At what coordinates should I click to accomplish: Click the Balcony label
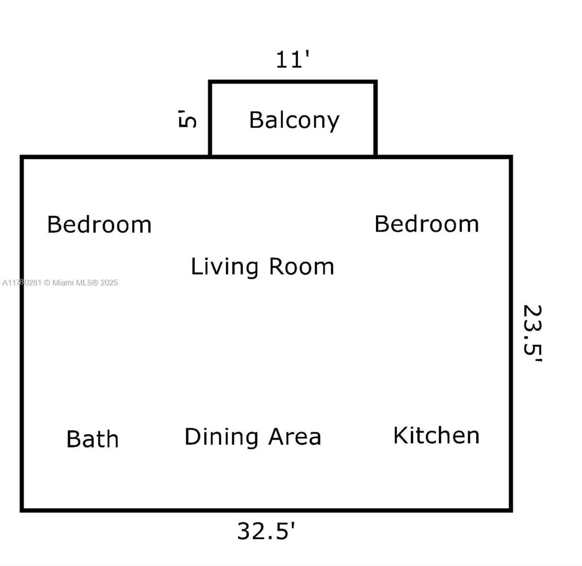point(294,120)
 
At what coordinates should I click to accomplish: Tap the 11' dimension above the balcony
point(292,60)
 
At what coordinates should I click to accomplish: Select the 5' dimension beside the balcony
point(188,118)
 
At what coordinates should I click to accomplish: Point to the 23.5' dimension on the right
point(532,333)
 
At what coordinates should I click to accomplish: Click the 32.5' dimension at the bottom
point(266,531)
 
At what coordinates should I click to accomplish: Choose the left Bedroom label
point(99,225)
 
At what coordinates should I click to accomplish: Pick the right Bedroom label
point(427,224)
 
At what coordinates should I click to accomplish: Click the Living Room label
point(262,267)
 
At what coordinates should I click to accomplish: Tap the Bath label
point(93,439)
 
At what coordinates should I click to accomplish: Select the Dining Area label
point(253,437)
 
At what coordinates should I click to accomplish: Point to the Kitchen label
point(436,435)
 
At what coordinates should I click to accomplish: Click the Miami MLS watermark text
point(60,283)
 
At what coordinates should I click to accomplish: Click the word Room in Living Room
point(301,267)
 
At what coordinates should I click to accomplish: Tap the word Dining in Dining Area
point(222,437)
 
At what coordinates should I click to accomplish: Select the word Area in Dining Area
point(295,437)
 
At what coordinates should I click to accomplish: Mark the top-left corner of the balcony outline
point(210,82)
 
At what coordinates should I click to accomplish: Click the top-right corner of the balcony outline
point(376,82)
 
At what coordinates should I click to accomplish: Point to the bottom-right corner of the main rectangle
point(511,509)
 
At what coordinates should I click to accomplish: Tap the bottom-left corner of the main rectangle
point(22,509)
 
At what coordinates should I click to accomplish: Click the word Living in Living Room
point(224,267)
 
